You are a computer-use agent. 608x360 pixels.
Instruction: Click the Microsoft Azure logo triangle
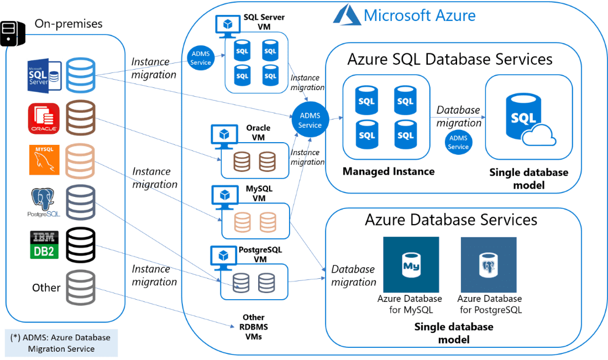pyautogui.click(x=346, y=15)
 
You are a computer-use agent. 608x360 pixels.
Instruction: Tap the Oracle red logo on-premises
pyautogui.click(x=44, y=118)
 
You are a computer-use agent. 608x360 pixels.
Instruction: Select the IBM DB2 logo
pyautogui.click(x=44, y=245)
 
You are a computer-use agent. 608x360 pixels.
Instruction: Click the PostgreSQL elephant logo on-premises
pyautogui.click(x=44, y=202)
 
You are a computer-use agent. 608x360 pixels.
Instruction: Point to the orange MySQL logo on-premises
pyautogui.click(x=44, y=160)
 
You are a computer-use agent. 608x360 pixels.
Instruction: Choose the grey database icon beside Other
pyautogui.click(x=80, y=288)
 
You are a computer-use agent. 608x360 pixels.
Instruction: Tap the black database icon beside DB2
pyautogui.click(x=80, y=245)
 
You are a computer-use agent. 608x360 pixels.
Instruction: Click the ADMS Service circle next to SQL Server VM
pyautogui.click(x=200, y=58)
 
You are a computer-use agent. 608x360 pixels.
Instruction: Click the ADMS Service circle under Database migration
pyautogui.click(x=458, y=142)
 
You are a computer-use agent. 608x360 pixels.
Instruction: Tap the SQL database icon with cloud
pyautogui.click(x=522, y=120)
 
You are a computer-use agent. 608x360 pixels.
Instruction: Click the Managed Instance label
pyautogui.click(x=388, y=171)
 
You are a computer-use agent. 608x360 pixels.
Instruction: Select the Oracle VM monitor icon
pyautogui.click(x=224, y=135)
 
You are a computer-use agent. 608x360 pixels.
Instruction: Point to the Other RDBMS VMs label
pyautogui.click(x=254, y=327)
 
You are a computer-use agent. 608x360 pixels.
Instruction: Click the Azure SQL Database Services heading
pyautogui.click(x=450, y=59)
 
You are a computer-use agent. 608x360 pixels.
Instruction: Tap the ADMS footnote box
pyautogui.click(x=61, y=343)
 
